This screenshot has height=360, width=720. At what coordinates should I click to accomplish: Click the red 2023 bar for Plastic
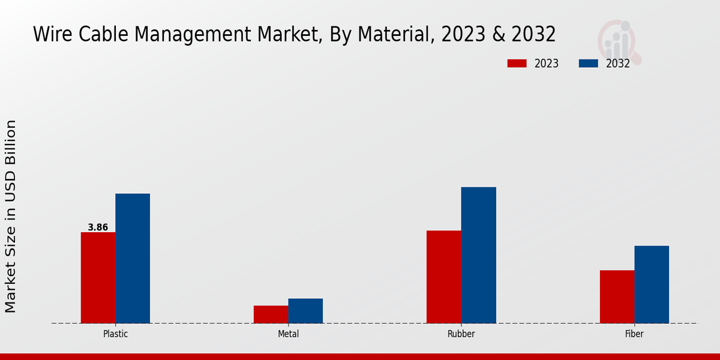[98, 278]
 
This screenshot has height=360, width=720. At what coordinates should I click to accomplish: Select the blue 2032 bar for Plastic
[133, 259]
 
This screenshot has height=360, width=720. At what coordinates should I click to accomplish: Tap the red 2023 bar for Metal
[271, 314]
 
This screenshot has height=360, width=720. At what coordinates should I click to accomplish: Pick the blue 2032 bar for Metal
[305, 311]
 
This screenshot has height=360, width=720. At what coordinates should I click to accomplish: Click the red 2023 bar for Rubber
[444, 277]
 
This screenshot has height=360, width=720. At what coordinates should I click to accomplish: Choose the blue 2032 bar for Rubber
[479, 255]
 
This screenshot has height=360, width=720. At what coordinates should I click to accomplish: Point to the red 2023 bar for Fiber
[617, 296]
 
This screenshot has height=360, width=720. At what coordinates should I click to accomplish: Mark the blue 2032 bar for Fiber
[652, 284]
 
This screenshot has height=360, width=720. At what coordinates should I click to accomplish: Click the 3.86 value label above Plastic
[98, 227]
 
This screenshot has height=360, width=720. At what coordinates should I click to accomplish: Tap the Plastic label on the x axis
[115, 334]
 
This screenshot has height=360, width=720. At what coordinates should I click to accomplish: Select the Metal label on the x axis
[288, 334]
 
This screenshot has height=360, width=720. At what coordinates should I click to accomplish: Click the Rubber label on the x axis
[461, 334]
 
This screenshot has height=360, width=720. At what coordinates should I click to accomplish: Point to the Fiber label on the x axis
[634, 334]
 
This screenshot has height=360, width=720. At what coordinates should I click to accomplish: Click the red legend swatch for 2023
[517, 64]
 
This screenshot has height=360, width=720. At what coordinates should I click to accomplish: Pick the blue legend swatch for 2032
[589, 64]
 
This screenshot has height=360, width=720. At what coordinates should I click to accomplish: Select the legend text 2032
[618, 64]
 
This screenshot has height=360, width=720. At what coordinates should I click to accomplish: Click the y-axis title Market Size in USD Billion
[11, 216]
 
